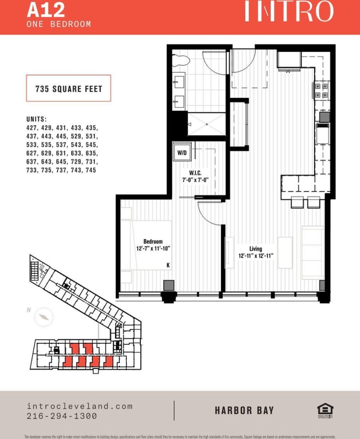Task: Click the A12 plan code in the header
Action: pyautogui.click(x=46, y=10)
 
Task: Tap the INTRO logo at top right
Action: pyautogui.click(x=289, y=12)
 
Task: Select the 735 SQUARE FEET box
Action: pyautogui.click(x=68, y=88)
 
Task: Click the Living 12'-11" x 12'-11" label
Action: pyautogui.click(x=256, y=252)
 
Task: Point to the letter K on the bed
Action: pyautogui.click(x=168, y=265)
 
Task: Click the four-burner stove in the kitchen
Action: pyautogui.click(x=321, y=91)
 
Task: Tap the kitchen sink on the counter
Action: pyautogui.click(x=322, y=133)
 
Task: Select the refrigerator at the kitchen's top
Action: pyautogui.click(x=289, y=60)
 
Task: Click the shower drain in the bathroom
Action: pyautogui.click(x=206, y=124)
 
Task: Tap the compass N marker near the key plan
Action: pyautogui.click(x=28, y=310)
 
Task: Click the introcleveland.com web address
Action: pyautogui.click(x=80, y=406)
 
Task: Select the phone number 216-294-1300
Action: pyautogui.click(x=62, y=416)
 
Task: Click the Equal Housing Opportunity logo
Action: pyautogui.click(x=325, y=410)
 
